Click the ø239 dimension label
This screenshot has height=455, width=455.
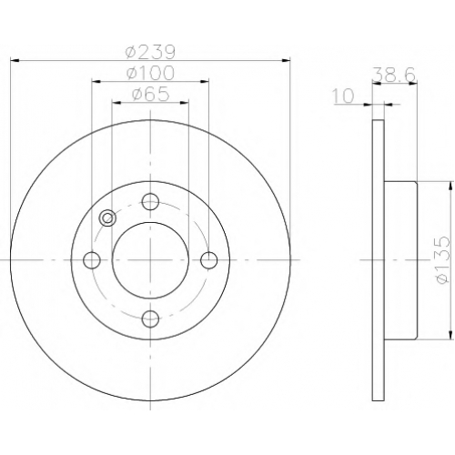150,52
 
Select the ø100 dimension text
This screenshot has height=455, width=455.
150,73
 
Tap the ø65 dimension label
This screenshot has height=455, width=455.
150,95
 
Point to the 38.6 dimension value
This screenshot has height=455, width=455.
393,74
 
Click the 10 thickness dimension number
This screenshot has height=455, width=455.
343,96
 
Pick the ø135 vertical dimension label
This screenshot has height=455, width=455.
441,260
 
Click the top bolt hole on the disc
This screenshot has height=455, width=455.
150,201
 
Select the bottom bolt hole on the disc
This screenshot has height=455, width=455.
150,319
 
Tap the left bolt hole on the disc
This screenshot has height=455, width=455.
92,260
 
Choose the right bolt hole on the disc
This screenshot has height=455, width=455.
209,260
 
